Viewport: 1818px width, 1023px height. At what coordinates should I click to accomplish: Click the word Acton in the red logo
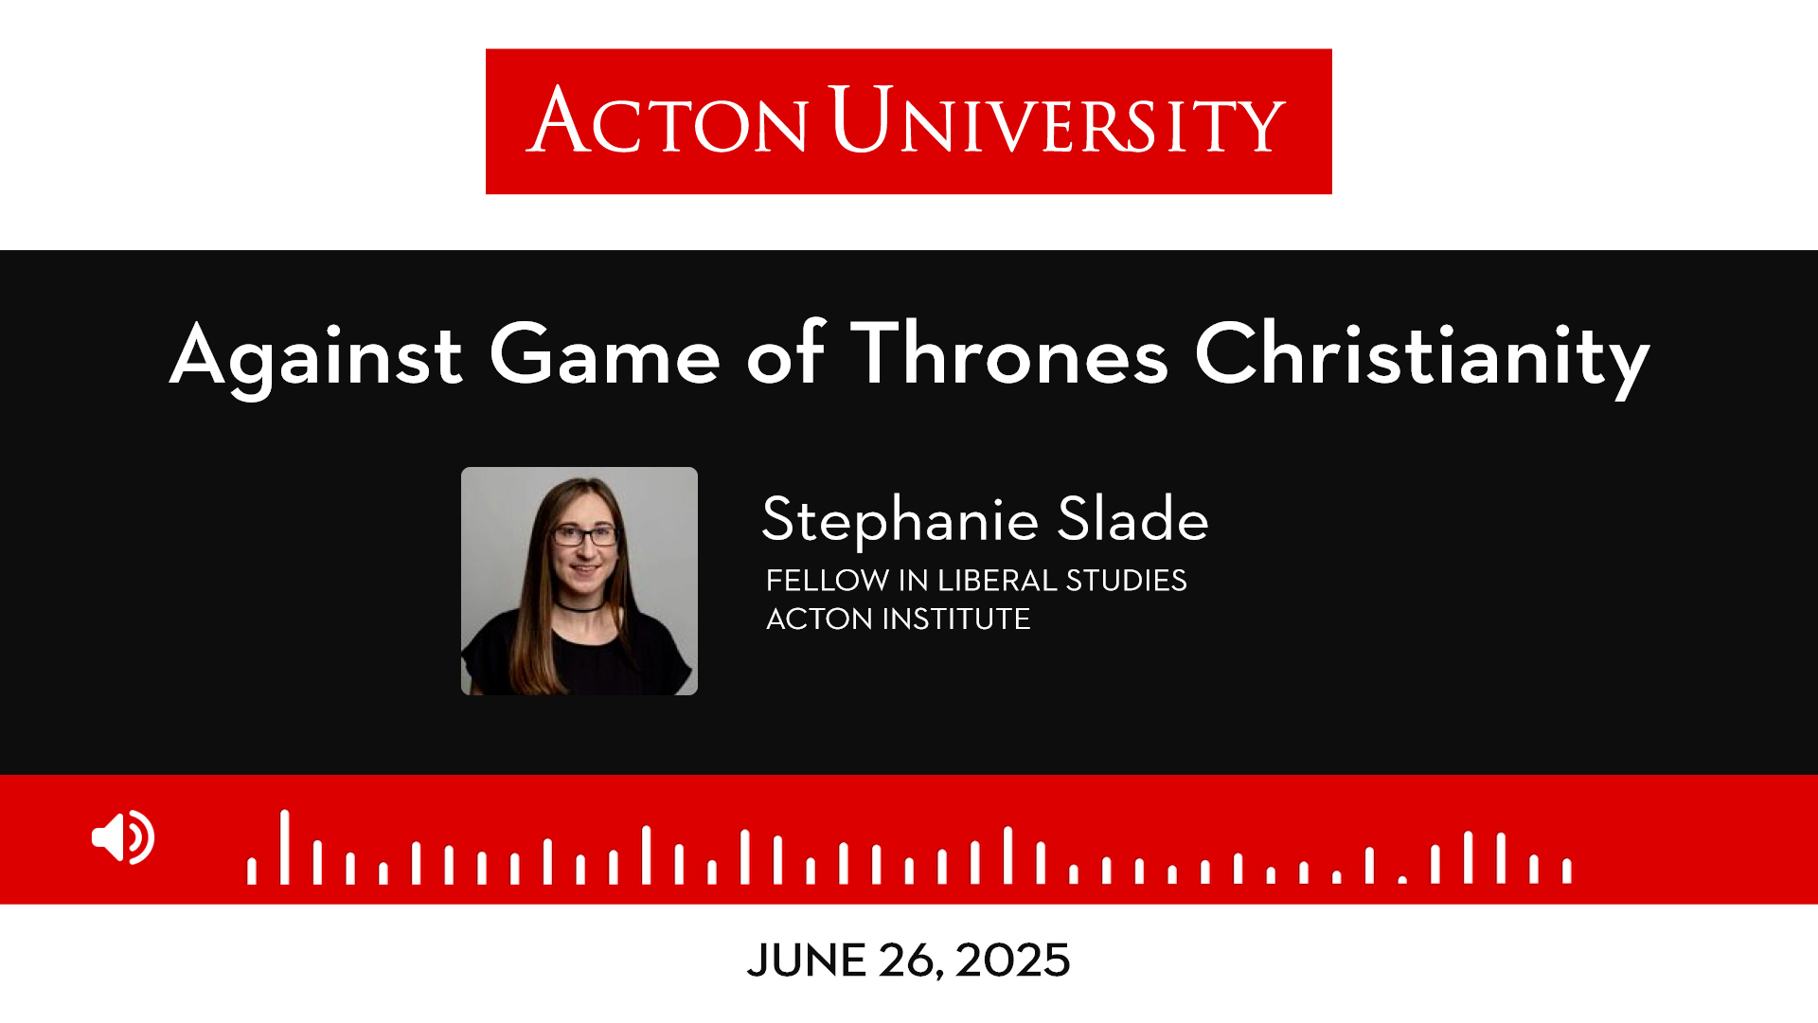(x=668, y=120)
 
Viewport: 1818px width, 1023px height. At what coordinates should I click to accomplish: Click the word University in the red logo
(x=1058, y=119)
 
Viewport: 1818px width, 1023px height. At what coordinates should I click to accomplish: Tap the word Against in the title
(x=316, y=357)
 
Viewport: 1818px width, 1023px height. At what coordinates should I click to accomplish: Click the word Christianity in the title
(x=1422, y=357)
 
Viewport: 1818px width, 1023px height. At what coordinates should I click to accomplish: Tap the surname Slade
(x=1133, y=518)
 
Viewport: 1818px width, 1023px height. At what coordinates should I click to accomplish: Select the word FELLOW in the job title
(x=828, y=580)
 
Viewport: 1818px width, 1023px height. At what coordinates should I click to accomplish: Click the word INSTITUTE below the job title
(x=956, y=619)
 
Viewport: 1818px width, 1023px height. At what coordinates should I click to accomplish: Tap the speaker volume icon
(x=123, y=837)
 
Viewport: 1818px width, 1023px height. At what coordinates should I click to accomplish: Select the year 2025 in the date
(x=1012, y=960)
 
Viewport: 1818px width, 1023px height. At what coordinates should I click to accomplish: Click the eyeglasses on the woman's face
(x=585, y=536)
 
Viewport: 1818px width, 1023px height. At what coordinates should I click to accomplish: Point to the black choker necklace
(x=578, y=606)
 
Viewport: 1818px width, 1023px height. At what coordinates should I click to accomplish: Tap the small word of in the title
(x=787, y=353)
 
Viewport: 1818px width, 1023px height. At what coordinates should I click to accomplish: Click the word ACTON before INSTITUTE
(x=819, y=619)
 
